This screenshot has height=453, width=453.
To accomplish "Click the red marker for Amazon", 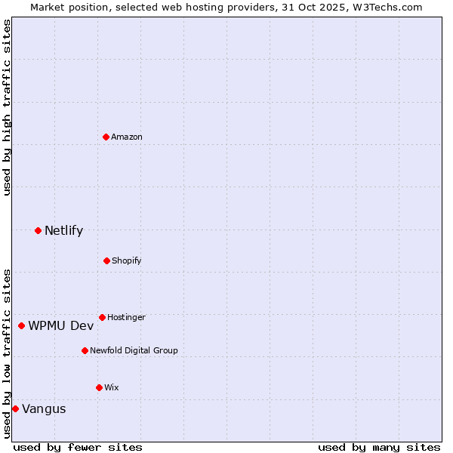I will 106,137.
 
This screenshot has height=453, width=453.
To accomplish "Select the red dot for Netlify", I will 38,230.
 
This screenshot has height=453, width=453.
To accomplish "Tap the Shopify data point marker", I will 106,260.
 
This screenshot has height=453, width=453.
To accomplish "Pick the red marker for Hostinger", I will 102,317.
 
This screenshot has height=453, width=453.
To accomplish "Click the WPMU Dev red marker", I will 21,325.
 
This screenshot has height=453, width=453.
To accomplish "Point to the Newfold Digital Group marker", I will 85,350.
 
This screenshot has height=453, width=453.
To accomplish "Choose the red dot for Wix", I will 99,387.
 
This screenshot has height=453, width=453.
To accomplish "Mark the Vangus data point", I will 15,408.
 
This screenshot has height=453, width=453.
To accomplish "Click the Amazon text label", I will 127,137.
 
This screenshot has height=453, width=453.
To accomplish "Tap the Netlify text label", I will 63,230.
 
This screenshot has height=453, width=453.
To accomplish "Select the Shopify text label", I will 127,260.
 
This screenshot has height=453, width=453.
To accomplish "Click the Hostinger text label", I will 126,317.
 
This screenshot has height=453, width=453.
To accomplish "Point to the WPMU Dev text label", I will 61,325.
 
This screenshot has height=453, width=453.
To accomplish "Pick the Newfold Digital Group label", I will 134,350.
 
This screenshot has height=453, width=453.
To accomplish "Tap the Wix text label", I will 112,387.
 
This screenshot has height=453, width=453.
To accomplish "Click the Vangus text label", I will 44,408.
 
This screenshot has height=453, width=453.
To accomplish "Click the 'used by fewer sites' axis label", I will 78,447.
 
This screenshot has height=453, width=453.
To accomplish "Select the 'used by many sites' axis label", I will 379,447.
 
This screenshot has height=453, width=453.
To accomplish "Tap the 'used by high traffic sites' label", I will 7,107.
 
